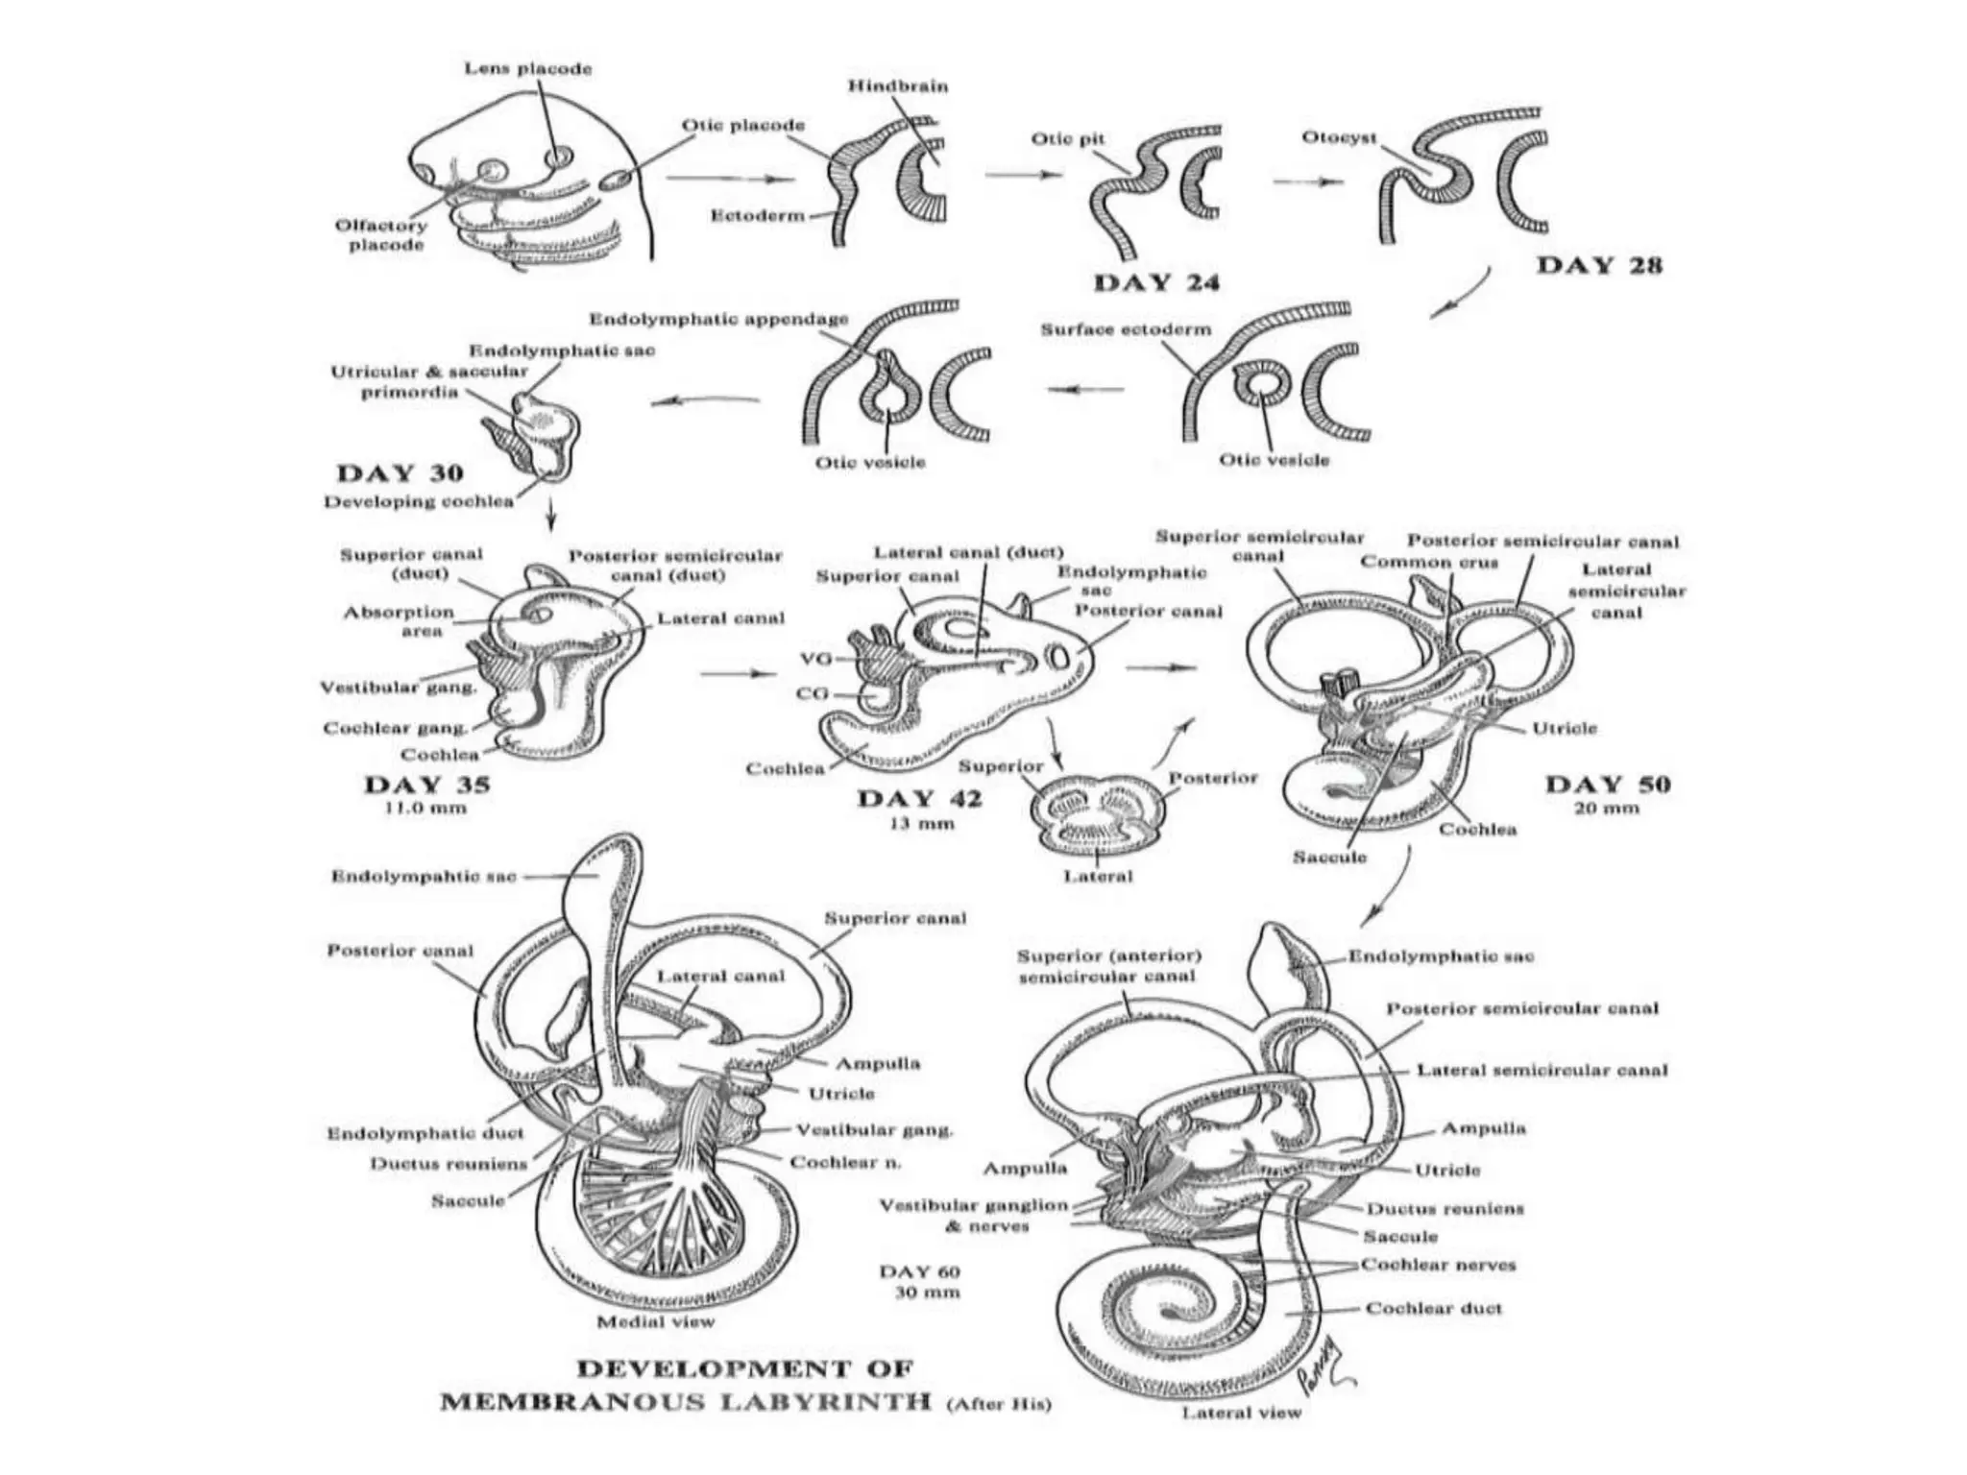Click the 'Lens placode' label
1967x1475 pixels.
[528, 69]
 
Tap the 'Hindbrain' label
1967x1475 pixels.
[897, 86]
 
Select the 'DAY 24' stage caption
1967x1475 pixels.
[1156, 282]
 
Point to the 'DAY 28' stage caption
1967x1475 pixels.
[1599, 265]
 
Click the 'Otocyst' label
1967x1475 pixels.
[1339, 138]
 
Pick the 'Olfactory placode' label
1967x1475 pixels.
[380, 235]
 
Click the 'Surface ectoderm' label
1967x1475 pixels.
[1126, 329]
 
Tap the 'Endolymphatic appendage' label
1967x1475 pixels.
[718, 319]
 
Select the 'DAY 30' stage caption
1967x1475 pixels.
[400, 472]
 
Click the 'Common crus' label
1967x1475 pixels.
[1428, 563]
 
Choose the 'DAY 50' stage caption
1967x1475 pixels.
[1607, 785]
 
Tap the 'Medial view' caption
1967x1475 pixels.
[655, 1322]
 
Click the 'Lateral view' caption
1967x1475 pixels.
[1241, 1413]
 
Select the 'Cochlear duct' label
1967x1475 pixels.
[1433, 1309]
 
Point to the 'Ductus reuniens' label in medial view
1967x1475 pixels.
[449, 1165]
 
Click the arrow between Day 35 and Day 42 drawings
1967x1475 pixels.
[738, 674]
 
